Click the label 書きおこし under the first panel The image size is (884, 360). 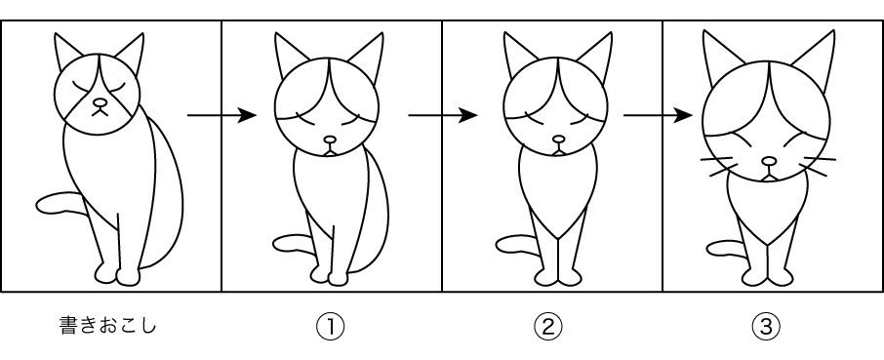click(106, 326)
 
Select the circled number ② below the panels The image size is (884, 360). click(548, 326)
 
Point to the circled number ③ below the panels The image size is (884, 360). click(766, 326)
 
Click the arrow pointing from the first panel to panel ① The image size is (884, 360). click(221, 115)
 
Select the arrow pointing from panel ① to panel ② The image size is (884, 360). click(443, 115)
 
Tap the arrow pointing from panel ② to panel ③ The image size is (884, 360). click(658, 115)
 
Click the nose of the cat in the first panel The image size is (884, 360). click(100, 102)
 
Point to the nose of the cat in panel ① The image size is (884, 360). click(330, 140)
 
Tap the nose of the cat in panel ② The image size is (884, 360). click(559, 139)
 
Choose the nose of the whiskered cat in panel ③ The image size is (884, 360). click(769, 162)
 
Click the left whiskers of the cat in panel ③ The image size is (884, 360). click(718, 166)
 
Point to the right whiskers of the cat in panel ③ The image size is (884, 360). click(818, 166)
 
